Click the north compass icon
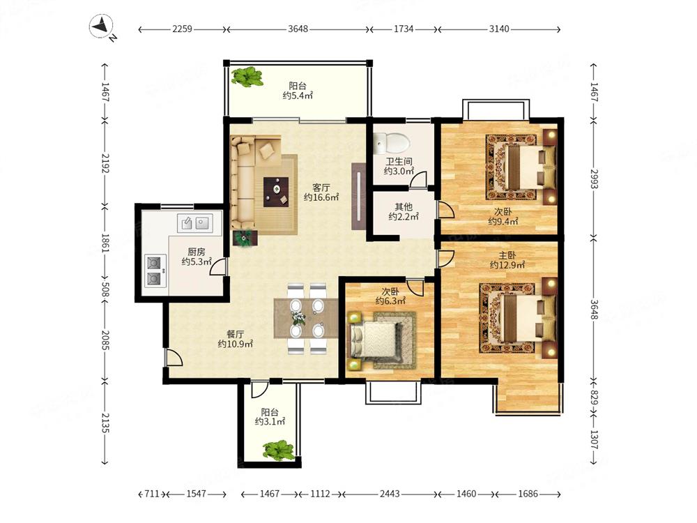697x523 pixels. point(102,27)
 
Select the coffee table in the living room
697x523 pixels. point(276,192)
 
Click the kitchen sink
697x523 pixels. point(194,222)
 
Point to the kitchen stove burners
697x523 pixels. point(155,271)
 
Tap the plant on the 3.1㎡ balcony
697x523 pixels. point(279,450)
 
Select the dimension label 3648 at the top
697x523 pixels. point(298,29)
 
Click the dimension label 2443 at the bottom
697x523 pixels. point(390,494)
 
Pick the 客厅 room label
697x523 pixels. point(321,187)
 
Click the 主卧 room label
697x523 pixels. point(507,255)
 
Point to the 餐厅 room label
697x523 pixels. point(235,334)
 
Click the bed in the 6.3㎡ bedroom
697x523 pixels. point(375,341)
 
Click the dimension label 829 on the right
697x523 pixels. point(594,396)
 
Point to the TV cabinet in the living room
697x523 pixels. point(359,196)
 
